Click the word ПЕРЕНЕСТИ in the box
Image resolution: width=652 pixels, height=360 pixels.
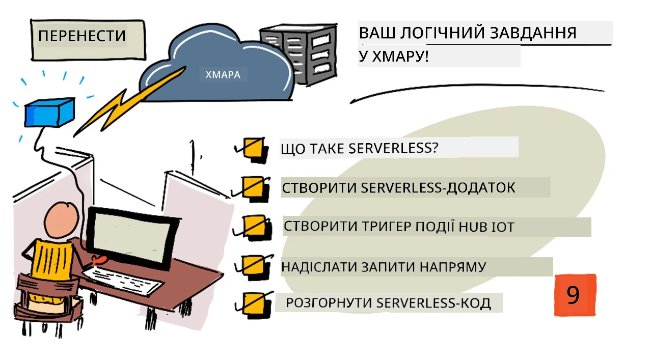click(x=82, y=36)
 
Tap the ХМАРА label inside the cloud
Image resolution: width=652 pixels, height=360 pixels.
click(x=223, y=75)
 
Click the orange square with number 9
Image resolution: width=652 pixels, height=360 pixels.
click(x=575, y=295)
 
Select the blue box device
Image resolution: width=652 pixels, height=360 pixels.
click(x=49, y=113)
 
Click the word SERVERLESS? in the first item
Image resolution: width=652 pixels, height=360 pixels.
click(x=394, y=148)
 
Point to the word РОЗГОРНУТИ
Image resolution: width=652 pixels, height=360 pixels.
click(x=329, y=302)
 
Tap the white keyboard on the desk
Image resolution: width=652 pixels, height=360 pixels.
click(x=122, y=281)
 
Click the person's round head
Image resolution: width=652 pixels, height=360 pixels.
click(x=62, y=220)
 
